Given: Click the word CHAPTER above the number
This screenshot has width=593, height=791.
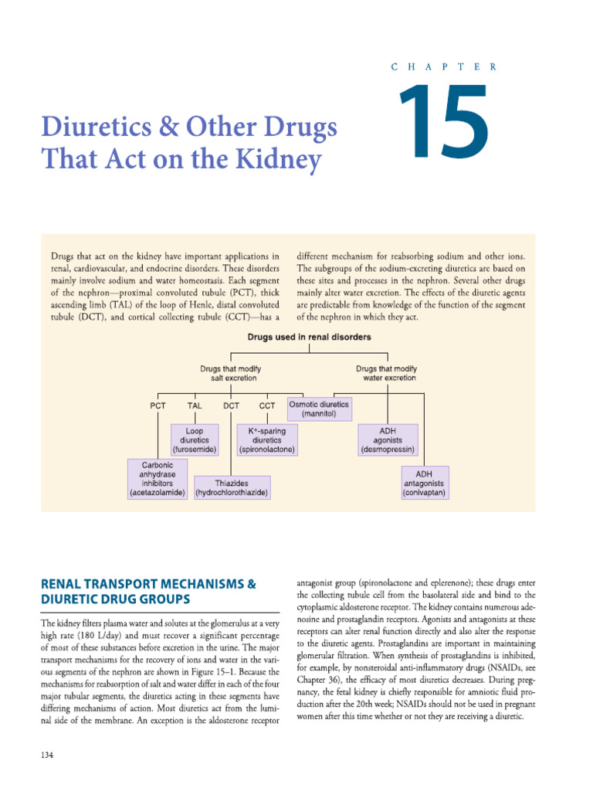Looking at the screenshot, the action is point(445,67).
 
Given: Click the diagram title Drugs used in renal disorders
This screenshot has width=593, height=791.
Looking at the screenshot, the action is point(309,337).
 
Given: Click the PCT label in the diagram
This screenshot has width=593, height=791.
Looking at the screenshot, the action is point(158,406).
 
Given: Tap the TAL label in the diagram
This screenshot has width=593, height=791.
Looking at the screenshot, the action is point(195,406).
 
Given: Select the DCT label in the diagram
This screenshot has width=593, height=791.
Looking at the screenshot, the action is point(231,406).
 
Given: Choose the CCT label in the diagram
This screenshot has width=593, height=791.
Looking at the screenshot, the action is point(267,406).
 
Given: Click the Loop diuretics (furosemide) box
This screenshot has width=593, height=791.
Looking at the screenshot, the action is point(195,440).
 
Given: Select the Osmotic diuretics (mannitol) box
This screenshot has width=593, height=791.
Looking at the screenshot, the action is point(318,409).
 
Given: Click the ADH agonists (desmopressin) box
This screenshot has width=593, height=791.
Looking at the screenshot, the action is point(388,440).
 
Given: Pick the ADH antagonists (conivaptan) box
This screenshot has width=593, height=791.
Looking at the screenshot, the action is point(424,483).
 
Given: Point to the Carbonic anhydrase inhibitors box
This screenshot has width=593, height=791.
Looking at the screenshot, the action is point(158,479).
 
